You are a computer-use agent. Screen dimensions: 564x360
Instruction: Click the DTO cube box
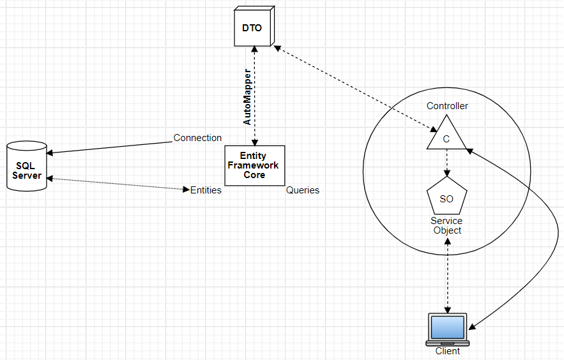254,26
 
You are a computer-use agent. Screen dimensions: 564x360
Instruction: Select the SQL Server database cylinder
27,166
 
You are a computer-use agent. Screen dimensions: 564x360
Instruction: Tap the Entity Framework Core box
255,165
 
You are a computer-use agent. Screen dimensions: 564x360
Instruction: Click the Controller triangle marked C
446,132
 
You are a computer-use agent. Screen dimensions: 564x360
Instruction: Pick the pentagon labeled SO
446,196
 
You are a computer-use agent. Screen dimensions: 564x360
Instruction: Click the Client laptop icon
448,329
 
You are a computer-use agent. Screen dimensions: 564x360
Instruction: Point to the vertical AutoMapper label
247,97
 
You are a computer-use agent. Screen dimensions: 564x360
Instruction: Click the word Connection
197,138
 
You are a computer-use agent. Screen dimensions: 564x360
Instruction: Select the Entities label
206,190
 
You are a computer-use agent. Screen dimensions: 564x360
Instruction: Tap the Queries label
303,190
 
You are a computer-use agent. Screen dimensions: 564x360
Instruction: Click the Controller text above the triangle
447,105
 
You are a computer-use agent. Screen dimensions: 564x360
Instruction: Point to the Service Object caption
446,225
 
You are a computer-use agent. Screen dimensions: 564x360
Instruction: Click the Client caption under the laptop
448,351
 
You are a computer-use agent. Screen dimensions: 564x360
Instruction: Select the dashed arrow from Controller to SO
446,163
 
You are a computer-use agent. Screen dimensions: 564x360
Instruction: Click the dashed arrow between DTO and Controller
356,88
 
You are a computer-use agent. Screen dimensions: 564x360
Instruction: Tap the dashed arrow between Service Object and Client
448,275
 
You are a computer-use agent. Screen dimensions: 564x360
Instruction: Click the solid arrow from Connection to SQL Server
109,147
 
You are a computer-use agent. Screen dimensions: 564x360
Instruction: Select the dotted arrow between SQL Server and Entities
118,184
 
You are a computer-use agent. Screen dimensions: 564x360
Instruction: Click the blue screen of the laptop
448,327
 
